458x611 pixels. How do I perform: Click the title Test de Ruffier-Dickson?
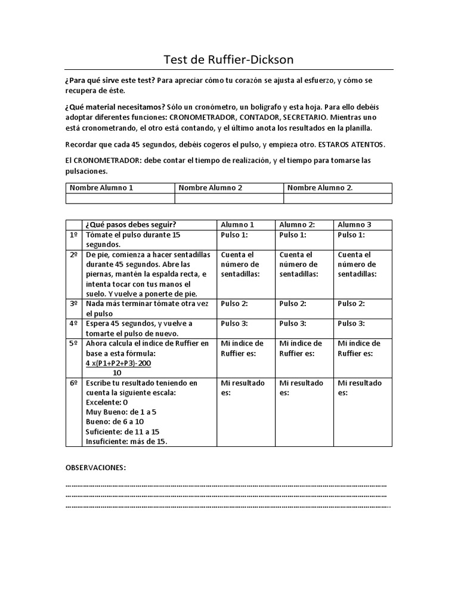228,60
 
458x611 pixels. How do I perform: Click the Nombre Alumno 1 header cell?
101,187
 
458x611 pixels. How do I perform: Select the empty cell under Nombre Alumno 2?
228,198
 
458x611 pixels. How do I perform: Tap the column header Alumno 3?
354,224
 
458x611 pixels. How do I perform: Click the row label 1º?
74,235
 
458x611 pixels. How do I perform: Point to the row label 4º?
74,323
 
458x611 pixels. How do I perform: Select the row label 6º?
74,382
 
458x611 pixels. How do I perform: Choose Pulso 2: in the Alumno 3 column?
351,304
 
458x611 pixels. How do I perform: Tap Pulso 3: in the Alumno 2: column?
293,323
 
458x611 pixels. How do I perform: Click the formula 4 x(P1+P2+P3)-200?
117,363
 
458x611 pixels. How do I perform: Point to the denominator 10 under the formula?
117,372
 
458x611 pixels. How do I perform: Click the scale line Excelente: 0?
107,402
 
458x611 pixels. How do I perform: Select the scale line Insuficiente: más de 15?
127,442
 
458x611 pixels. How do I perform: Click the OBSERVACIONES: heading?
95,467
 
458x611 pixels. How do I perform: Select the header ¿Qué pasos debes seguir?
131,224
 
